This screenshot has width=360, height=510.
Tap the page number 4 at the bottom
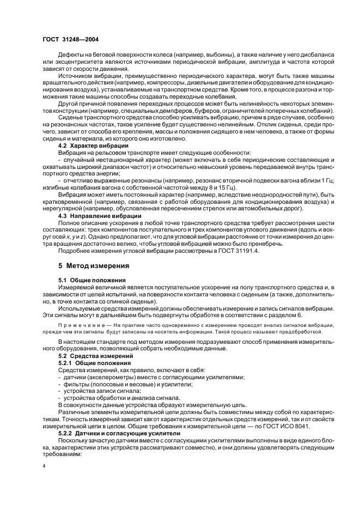[x=45, y=466]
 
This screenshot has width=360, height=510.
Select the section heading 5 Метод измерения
[x=93, y=266]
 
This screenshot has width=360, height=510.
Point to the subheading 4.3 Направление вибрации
[x=97, y=216]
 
